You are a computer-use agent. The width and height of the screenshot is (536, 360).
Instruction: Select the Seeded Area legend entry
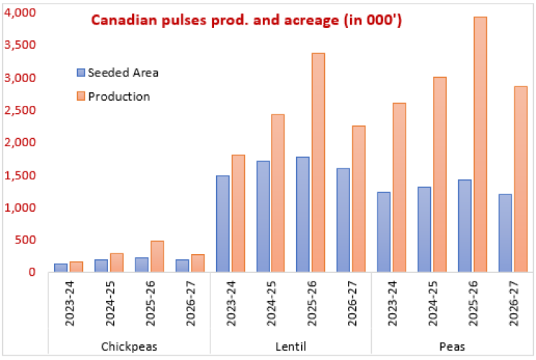pos(123,72)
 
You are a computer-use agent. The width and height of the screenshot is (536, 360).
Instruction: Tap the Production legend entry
pos(119,96)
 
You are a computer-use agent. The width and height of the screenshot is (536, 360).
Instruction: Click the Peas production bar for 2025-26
pos(479,144)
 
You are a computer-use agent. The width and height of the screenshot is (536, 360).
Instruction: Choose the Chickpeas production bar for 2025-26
pos(156,256)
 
